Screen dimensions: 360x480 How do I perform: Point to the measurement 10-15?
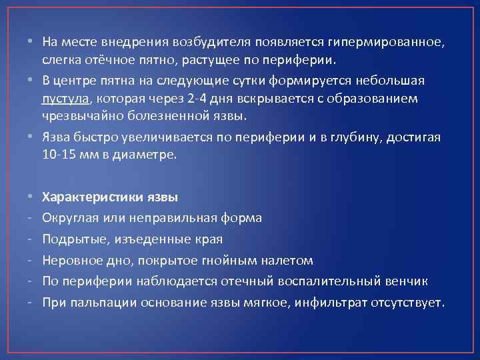(56, 155)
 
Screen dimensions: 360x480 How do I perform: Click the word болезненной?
(158, 117)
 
